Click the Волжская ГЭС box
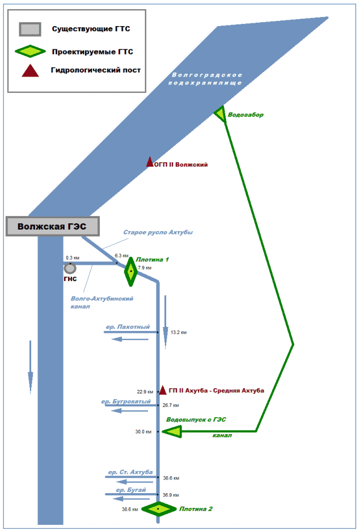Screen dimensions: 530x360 click(52, 226)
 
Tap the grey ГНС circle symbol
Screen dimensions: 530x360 click(70, 268)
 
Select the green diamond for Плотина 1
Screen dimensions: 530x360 click(131, 272)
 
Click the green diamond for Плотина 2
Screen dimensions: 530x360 click(159, 508)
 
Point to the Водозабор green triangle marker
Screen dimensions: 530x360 click(221, 114)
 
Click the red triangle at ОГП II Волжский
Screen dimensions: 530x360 click(150, 162)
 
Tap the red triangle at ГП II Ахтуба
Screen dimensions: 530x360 click(163, 390)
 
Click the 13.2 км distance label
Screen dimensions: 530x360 click(178, 333)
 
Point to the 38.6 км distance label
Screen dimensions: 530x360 click(130, 509)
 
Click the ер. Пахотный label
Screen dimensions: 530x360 click(128, 327)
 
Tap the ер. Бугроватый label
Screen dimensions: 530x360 click(126, 401)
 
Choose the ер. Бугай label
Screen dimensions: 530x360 click(131, 489)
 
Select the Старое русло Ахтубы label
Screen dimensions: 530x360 click(158, 232)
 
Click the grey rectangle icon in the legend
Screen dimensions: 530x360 click(30, 29)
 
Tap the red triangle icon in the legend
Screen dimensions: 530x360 click(29, 71)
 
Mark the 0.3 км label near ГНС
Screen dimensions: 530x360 click(73, 258)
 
